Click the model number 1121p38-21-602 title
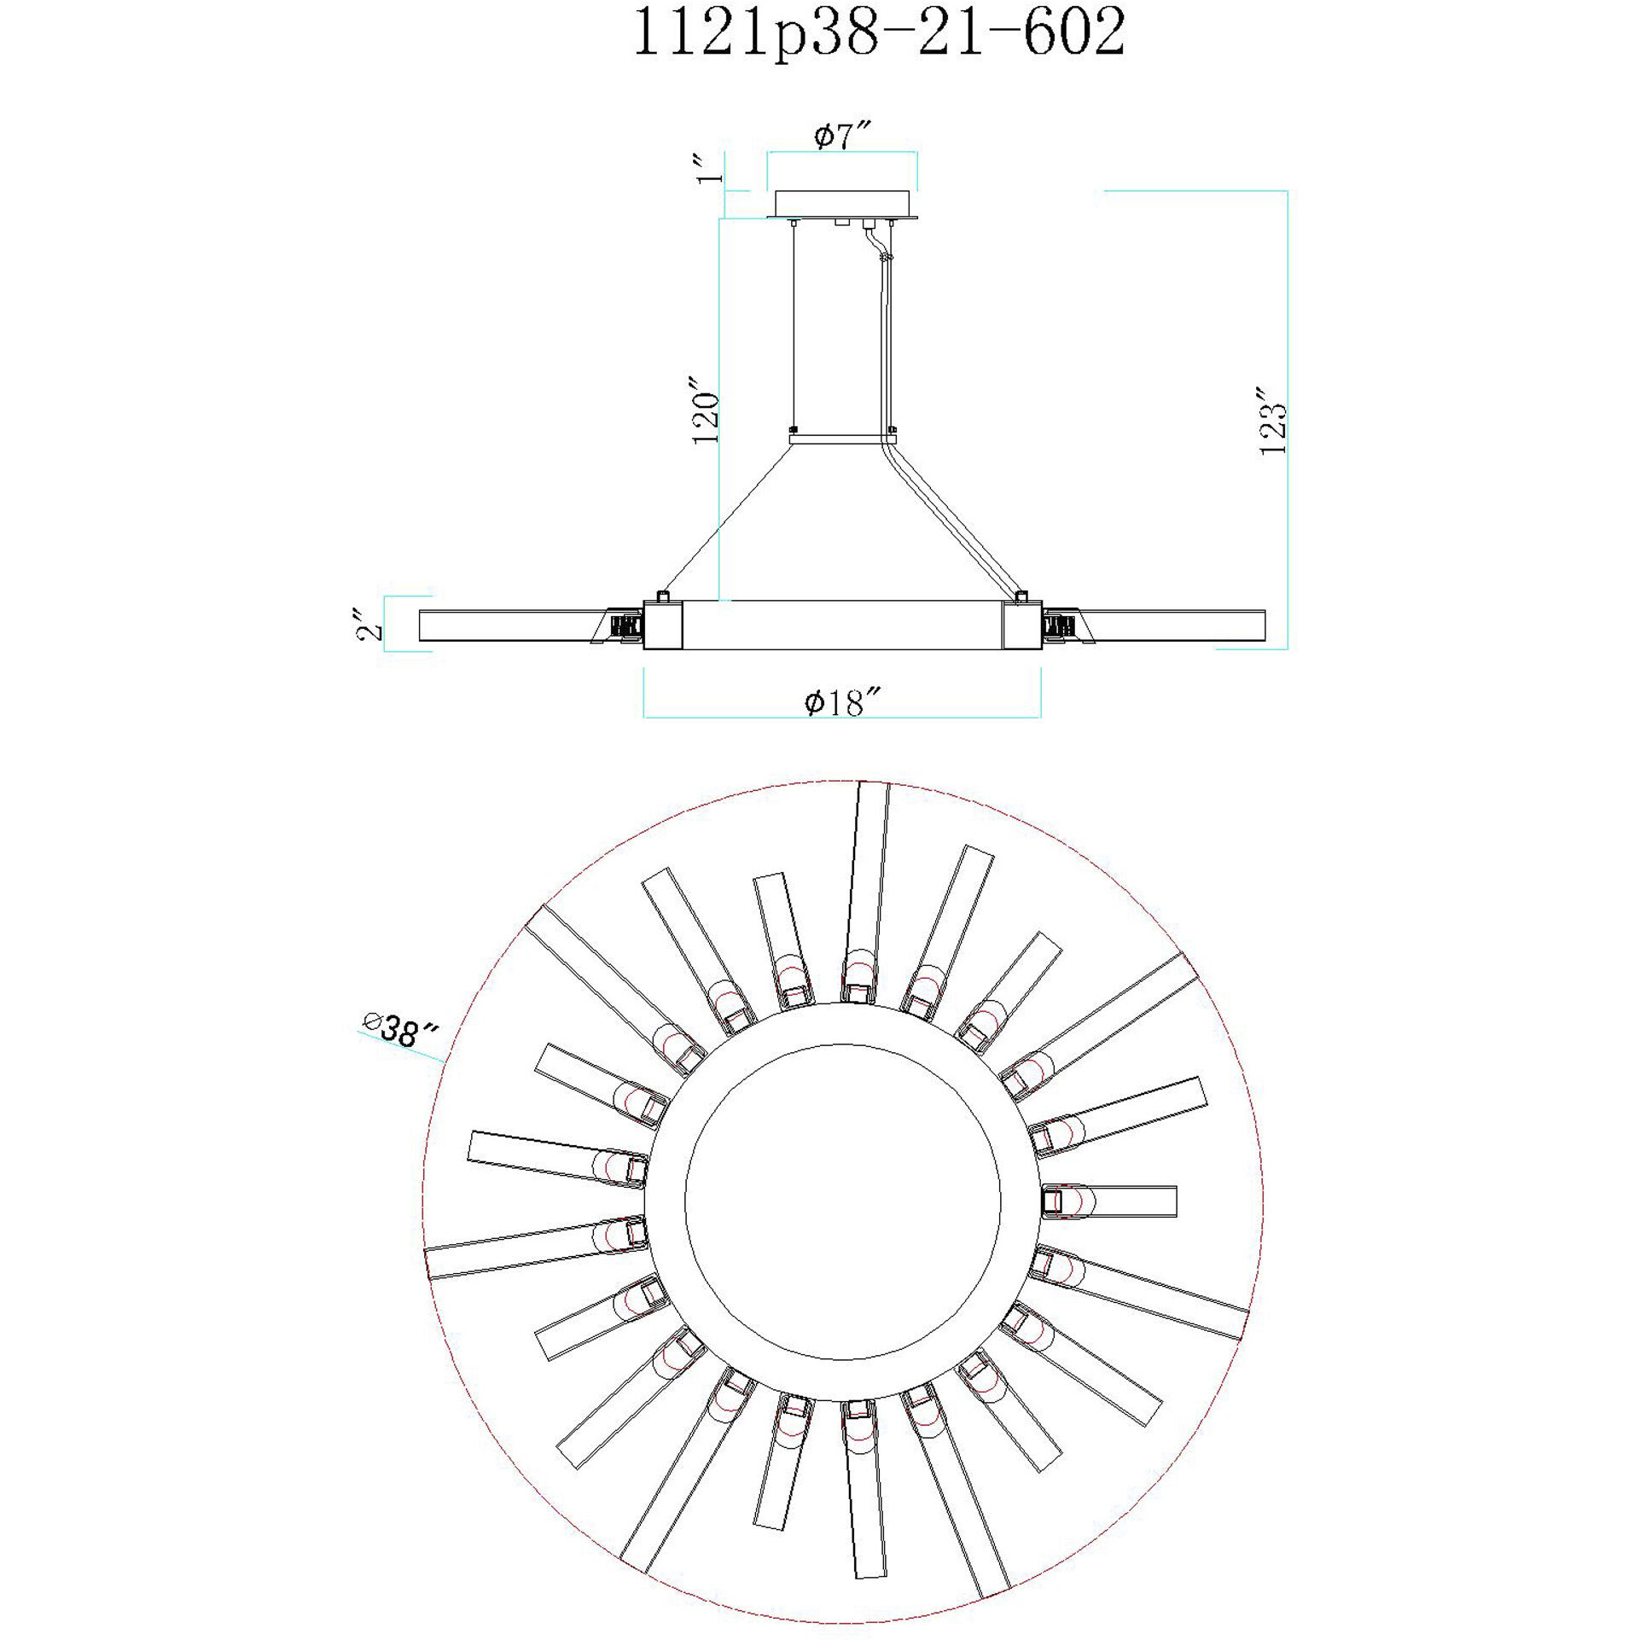(x=879, y=34)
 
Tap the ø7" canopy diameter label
(x=842, y=136)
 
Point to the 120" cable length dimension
(x=706, y=408)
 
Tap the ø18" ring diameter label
(x=841, y=702)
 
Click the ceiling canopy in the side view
(x=842, y=204)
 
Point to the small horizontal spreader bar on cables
(x=842, y=439)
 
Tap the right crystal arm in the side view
(x=1178, y=625)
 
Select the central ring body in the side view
(x=842, y=625)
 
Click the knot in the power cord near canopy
(x=887, y=257)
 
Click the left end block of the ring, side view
(x=663, y=625)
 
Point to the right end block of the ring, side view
(x=1022, y=625)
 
